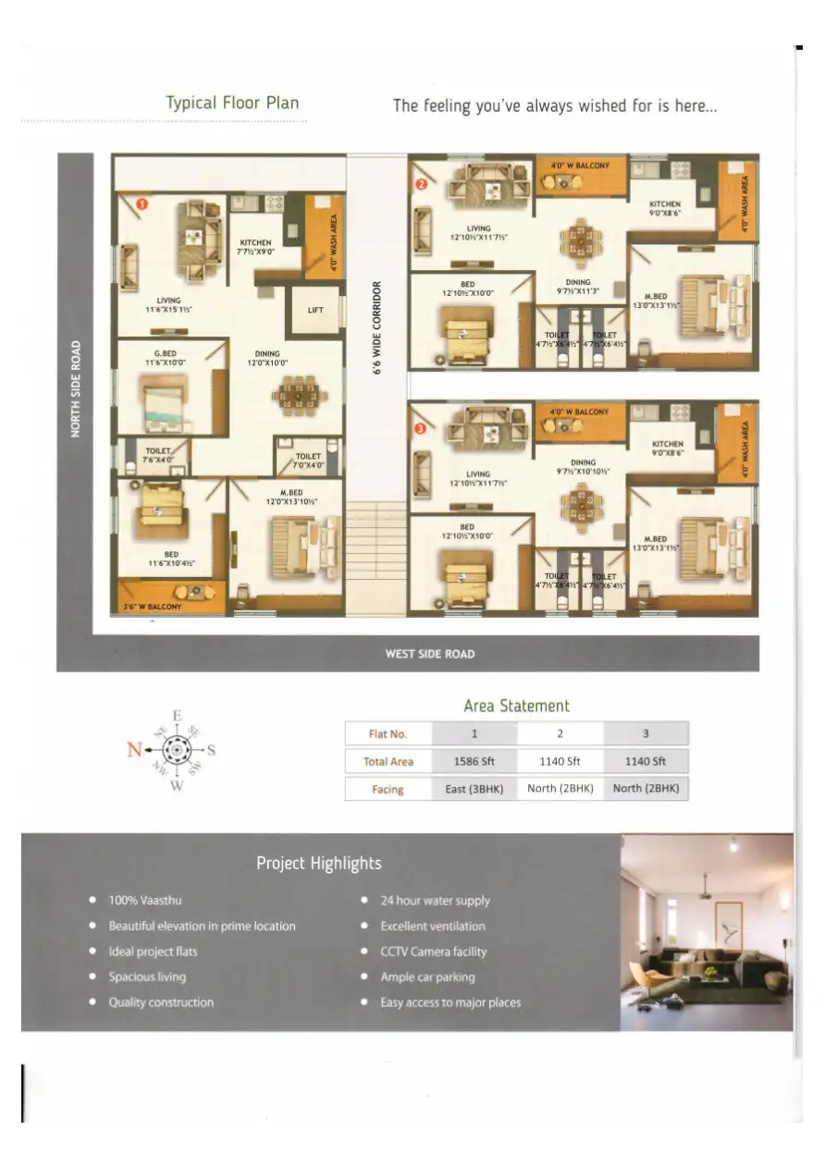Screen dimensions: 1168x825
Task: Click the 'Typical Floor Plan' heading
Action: (232, 103)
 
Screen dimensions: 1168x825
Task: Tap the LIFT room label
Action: (315, 310)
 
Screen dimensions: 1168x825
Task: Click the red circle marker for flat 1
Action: (142, 203)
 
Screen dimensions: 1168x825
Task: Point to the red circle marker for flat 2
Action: (421, 184)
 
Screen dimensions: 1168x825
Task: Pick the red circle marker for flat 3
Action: (421, 429)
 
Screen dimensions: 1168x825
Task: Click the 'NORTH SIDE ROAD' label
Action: (76, 387)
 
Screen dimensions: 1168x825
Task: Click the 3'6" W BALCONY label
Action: (153, 608)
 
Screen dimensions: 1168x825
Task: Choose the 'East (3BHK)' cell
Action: (474, 790)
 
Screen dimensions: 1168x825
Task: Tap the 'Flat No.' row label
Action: (388, 734)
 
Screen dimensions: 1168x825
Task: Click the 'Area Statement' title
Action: (516, 706)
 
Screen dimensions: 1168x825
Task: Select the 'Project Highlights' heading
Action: (318, 863)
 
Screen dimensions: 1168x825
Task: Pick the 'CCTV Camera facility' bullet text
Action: (433, 952)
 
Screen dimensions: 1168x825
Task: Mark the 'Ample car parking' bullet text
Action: (427, 977)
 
